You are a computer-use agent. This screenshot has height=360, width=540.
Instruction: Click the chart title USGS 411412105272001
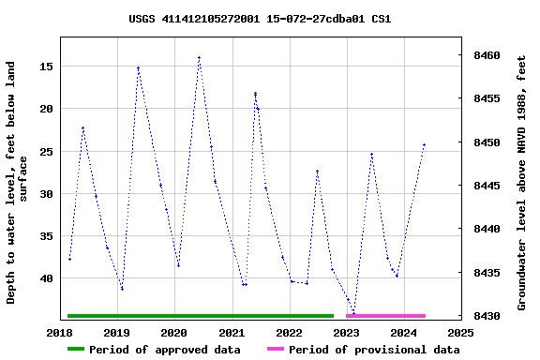[260, 19]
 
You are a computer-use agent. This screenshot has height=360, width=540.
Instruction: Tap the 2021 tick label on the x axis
[232, 332]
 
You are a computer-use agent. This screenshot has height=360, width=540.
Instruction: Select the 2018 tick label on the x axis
[60, 332]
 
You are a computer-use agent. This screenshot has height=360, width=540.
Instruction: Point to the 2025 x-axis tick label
[460, 332]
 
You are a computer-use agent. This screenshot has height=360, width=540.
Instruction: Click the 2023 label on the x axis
[346, 332]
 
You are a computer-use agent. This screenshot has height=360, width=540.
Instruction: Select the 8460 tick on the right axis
[487, 56]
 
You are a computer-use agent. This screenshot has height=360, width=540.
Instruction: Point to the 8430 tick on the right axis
[487, 316]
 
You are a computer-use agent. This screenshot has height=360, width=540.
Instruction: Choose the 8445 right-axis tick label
[487, 186]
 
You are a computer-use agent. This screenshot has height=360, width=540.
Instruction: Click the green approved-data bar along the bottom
[200, 316]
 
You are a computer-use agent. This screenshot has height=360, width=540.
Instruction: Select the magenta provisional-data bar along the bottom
[385, 316]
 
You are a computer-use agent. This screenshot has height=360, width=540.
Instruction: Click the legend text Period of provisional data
[373, 350]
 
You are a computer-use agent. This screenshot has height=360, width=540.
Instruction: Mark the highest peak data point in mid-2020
[199, 58]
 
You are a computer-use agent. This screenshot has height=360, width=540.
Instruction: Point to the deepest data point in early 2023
[353, 312]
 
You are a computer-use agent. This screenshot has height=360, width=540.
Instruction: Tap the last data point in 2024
[424, 145]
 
